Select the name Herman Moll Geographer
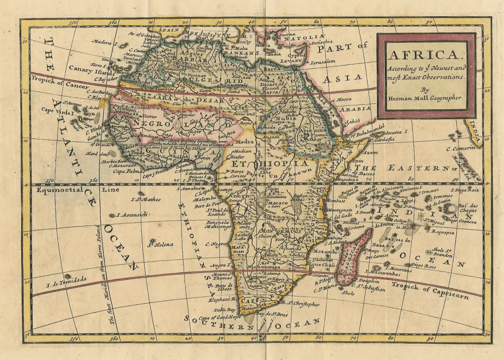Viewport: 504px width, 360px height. coord(425,98)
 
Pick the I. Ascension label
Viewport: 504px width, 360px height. coord(131,215)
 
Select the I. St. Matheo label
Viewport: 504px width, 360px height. coord(147,199)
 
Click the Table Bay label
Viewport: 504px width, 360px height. coord(225,309)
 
